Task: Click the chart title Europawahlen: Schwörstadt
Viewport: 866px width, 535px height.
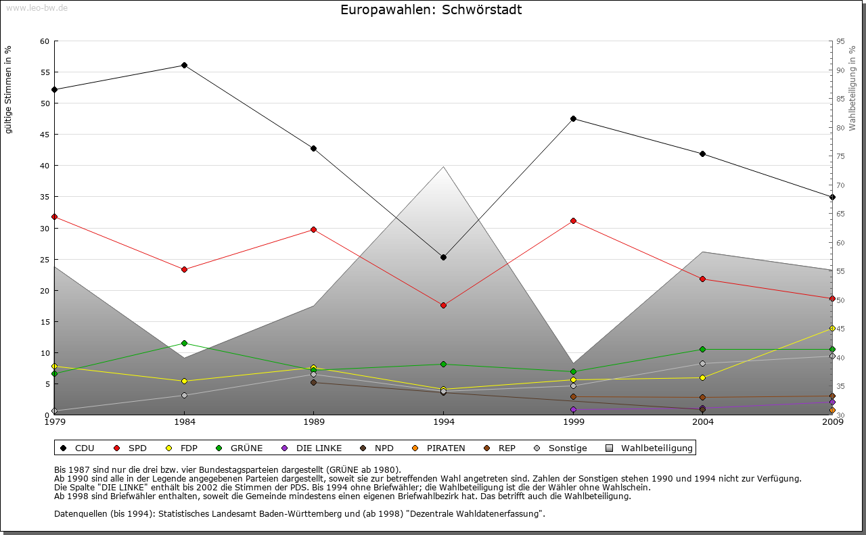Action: pyautogui.click(x=431, y=9)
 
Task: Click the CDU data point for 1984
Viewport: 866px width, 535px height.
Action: pyautogui.click(x=184, y=65)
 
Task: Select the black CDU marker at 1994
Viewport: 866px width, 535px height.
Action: pyautogui.click(x=443, y=257)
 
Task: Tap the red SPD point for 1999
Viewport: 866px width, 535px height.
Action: pyautogui.click(x=573, y=220)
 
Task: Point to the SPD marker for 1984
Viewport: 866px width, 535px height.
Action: pyautogui.click(x=184, y=269)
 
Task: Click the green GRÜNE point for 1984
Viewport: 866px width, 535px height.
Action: pyautogui.click(x=184, y=343)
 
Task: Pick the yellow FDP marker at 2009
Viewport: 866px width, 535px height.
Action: pyautogui.click(x=832, y=328)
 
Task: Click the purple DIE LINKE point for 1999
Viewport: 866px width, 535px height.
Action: pyautogui.click(x=573, y=409)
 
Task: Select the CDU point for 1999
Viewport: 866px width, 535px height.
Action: pyautogui.click(x=573, y=118)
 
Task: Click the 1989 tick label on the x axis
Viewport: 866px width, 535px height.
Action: pyautogui.click(x=314, y=422)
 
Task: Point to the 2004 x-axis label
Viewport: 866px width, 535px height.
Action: pyautogui.click(x=703, y=422)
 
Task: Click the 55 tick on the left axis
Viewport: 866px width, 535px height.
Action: pyautogui.click(x=45, y=72)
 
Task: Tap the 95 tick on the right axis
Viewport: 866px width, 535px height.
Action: pyautogui.click(x=840, y=41)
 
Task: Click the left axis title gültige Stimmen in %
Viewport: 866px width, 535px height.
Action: pyautogui.click(x=9, y=89)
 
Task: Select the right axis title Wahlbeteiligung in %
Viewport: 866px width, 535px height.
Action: pyautogui.click(x=852, y=88)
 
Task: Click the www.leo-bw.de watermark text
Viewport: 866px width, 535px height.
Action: pyautogui.click(x=35, y=7)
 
